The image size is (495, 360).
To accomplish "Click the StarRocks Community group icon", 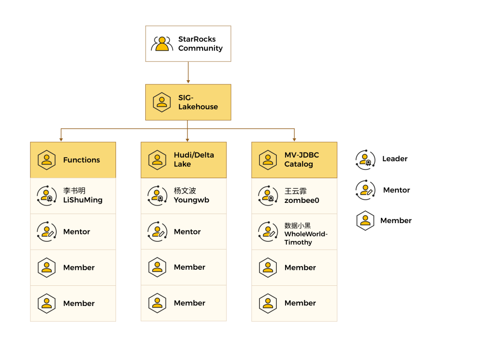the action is (162, 44).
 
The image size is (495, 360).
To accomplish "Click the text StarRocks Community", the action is (200, 44).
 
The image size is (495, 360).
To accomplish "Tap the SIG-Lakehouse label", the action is (198, 102).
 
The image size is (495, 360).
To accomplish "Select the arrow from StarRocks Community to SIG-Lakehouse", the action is (188, 72).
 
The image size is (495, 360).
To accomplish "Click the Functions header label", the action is (82, 160).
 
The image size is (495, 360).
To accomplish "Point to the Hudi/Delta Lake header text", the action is (194, 160).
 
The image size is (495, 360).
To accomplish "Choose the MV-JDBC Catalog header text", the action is (302, 160).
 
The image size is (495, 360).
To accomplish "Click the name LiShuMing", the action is (82, 200).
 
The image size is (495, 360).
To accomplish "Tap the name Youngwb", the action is (191, 200).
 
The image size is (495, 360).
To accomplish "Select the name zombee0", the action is (302, 200).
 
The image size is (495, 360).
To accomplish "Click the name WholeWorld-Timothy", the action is (306, 238).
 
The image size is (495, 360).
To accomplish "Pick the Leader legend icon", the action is (365, 160).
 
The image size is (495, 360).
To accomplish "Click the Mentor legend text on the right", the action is (396, 190).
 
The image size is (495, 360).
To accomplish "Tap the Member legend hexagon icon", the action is (365, 221).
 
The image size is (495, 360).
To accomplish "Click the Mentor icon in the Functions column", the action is (47, 232).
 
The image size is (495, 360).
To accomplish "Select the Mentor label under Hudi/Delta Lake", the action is (187, 232).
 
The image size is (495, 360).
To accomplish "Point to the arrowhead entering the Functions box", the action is (61, 139).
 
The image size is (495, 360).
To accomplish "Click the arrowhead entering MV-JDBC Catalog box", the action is (294, 139).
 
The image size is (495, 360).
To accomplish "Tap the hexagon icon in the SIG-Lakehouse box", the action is (162, 102).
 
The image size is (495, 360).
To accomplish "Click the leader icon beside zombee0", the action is (268, 196).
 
